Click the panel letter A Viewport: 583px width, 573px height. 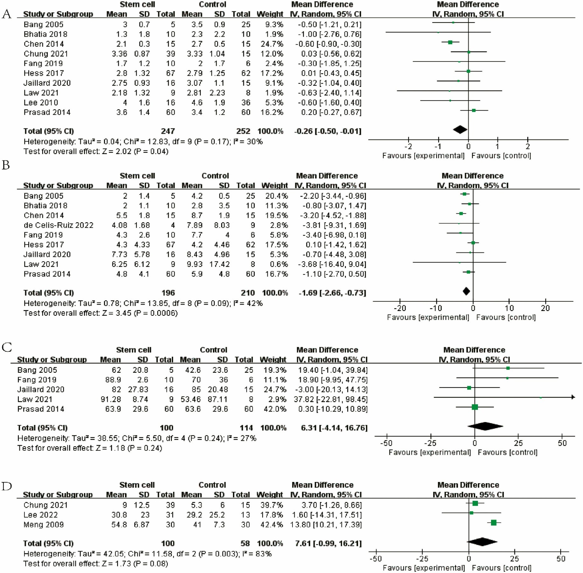point(7,14)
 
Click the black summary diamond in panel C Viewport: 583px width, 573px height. point(485,426)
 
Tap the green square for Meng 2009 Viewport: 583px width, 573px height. point(494,523)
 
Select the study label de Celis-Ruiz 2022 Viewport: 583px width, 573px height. point(59,225)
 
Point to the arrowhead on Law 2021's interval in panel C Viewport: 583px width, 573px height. point(573,397)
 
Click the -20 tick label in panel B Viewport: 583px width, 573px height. point(400,308)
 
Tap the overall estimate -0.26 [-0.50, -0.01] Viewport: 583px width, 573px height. point(328,131)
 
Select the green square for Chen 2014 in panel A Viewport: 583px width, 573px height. point(450,42)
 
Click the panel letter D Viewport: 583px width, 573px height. point(7,486)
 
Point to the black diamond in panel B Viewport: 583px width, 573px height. point(466,291)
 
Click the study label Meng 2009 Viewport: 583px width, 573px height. point(44,525)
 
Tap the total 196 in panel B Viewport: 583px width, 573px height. point(168,293)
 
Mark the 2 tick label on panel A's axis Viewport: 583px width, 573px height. point(528,146)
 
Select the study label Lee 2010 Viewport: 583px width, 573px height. point(41,103)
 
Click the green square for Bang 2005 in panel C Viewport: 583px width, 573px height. point(508,368)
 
